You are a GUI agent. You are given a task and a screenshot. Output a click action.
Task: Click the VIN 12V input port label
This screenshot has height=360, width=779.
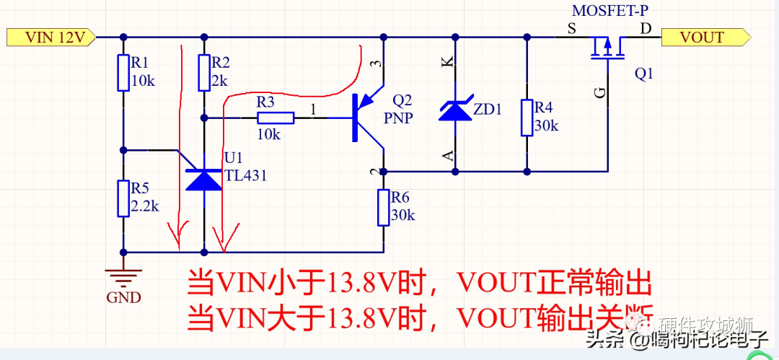[x=50, y=37]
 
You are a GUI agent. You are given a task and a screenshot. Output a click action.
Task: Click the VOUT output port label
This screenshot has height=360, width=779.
[x=703, y=37]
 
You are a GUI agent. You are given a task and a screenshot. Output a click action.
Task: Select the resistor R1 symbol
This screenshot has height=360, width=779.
[x=123, y=72]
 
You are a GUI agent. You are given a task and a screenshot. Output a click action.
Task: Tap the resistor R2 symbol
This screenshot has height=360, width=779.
[x=204, y=72]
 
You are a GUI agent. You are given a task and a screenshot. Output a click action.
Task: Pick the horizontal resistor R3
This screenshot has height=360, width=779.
[x=275, y=118]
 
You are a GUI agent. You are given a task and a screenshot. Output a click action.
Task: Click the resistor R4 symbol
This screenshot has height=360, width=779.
[x=527, y=118]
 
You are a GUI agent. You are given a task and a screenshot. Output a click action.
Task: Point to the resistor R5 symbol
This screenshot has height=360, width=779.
[x=123, y=198]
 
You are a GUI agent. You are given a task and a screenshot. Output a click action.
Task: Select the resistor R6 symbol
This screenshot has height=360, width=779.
[x=382, y=207]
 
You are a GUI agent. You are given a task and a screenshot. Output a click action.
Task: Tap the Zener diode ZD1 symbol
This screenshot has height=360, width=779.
[x=454, y=110]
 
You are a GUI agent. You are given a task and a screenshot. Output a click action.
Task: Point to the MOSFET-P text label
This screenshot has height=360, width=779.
[x=610, y=11]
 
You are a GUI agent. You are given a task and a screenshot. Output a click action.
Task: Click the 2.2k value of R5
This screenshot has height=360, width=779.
[x=145, y=206]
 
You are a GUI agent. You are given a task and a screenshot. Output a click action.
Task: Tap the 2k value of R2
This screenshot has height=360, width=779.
[x=219, y=81]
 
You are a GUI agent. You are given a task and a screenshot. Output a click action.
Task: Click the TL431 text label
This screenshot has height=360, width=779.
[x=245, y=175]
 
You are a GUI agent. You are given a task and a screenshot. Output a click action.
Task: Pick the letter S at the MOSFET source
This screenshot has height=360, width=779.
[x=572, y=29]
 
